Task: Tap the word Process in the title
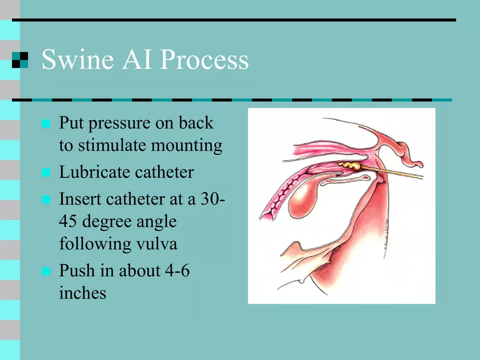pyautogui.click(x=204, y=59)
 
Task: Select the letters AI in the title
pyautogui.click(x=137, y=59)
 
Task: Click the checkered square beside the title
pyautogui.click(x=20, y=59)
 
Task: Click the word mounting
pyautogui.click(x=187, y=146)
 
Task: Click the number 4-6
pyautogui.click(x=177, y=271)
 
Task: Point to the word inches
pyautogui.click(x=83, y=293)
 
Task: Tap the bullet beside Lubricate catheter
pyautogui.click(x=46, y=173)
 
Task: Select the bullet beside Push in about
pyautogui.click(x=46, y=271)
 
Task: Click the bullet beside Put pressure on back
pyautogui.click(x=46, y=123)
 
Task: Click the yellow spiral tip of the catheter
pyautogui.click(x=349, y=166)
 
